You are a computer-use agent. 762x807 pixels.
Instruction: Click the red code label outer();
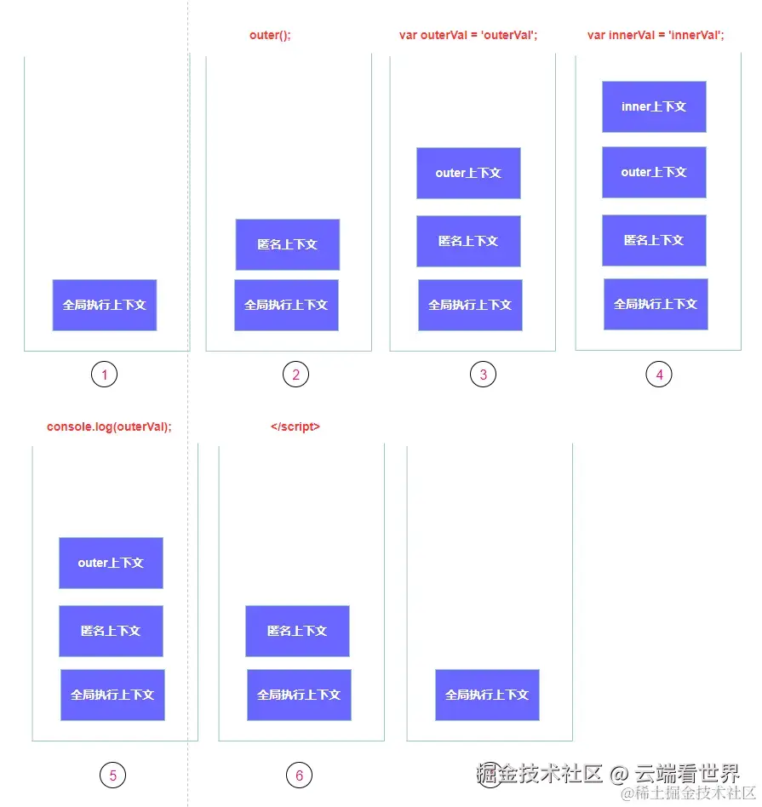pyautogui.click(x=270, y=35)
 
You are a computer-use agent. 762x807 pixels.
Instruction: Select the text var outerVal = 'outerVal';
pyautogui.click(x=468, y=35)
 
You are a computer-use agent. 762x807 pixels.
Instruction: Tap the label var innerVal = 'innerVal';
pyautogui.click(x=656, y=35)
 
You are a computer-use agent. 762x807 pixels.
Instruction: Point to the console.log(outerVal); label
pyautogui.click(x=109, y=426)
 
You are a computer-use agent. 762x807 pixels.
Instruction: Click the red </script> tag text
pyautogui.click(x=295, y=426)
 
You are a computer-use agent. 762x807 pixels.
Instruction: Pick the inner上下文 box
pyautogui.click(x=654, y=106)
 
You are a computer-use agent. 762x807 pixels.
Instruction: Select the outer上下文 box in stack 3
pyautogui.click(x=468, y=173)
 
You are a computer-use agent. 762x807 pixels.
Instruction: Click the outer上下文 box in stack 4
pyautogui.click(x=654, y=172)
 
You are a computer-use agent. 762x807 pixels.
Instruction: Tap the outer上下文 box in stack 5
pyautogui.click(x=111, y=563)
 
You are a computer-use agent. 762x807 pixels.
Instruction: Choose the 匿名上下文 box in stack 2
pyautogui.click(x=288, y=244)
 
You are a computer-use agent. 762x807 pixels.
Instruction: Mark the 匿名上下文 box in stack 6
pyautogui.click(x=297, y=631)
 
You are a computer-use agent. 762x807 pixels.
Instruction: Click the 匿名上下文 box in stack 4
pyautogui.click(x=654, y=240)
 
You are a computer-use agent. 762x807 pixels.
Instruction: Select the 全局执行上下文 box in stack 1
pyautogui.click(x=105, y=305)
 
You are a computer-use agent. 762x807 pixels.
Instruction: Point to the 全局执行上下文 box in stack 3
pyautogui.click(x=470, y=305)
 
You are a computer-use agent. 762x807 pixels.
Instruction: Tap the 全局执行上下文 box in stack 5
pyautogui.click(x=112, y=695)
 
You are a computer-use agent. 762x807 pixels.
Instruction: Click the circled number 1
pyautogui.click(x=104, y=375)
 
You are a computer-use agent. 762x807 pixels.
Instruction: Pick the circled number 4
pyautogui.click(x=658, y=374)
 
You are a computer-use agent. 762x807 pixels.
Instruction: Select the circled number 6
pyautogui.click(x=299, y=776)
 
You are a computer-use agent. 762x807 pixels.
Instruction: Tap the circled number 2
pyautogui.click(x=295, y=375)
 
